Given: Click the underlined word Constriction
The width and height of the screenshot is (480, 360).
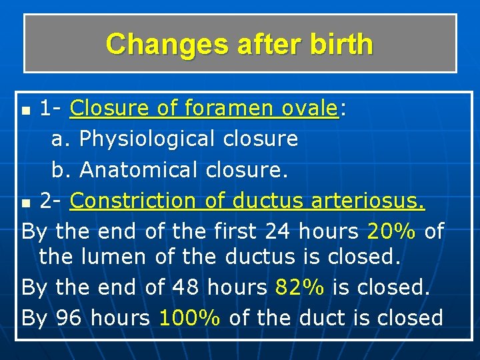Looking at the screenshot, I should [x=133, y=200].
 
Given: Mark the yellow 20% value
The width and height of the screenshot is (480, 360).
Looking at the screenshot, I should [x=392, y=231].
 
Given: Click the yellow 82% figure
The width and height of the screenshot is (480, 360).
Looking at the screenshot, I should [x=300, y=287].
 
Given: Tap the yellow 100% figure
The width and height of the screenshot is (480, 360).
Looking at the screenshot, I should [x=190, y=318].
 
